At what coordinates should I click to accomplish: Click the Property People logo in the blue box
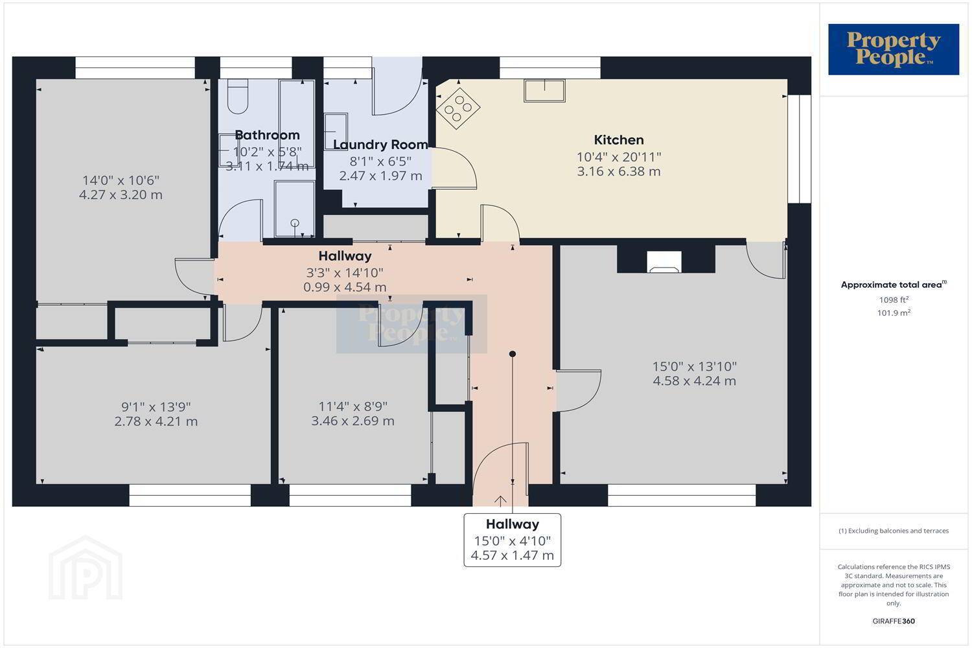894,49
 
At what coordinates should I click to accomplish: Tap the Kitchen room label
619,140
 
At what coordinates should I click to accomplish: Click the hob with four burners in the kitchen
457,108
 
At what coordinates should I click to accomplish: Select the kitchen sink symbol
544,90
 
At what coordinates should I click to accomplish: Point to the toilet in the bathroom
237,97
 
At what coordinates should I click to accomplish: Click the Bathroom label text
267,135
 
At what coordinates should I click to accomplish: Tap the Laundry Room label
380,145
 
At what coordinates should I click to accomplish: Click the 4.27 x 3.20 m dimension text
121,195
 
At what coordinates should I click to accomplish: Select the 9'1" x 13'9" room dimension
156,407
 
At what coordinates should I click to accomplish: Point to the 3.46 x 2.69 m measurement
353,421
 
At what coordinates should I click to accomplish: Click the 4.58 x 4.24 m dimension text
694,381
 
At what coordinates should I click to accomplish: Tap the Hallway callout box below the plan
513,540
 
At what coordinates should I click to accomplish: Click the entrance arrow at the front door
500,502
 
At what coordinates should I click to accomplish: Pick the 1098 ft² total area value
894,299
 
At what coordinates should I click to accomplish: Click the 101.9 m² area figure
894,312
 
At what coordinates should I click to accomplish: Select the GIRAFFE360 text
894,621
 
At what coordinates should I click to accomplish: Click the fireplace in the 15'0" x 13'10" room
664,262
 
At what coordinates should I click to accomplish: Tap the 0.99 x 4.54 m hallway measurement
345,287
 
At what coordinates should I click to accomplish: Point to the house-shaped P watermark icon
86,568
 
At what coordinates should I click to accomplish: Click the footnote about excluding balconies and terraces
894,531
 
